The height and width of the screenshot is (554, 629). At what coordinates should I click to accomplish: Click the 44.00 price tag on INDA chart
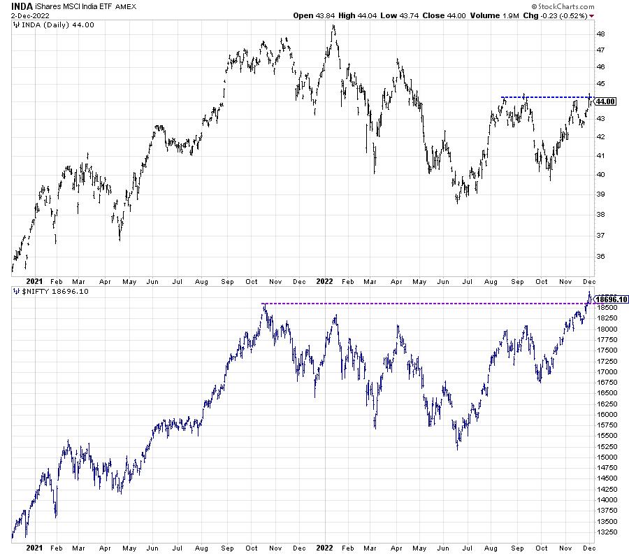coord(605,101)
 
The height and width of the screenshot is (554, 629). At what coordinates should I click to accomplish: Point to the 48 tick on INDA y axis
coord(600,34)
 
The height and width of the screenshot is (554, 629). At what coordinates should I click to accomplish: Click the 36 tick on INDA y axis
coord(600,257)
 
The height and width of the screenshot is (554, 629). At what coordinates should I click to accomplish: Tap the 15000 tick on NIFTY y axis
coord(607,457)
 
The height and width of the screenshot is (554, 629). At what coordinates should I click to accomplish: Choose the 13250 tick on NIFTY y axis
coord(607,532)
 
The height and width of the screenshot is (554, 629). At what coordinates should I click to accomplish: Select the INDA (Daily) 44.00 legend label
coord(48,25)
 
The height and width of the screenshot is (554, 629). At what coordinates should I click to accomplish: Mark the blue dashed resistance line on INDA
coord(545,97)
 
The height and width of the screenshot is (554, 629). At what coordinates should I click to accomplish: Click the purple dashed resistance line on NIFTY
coord(419,303)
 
